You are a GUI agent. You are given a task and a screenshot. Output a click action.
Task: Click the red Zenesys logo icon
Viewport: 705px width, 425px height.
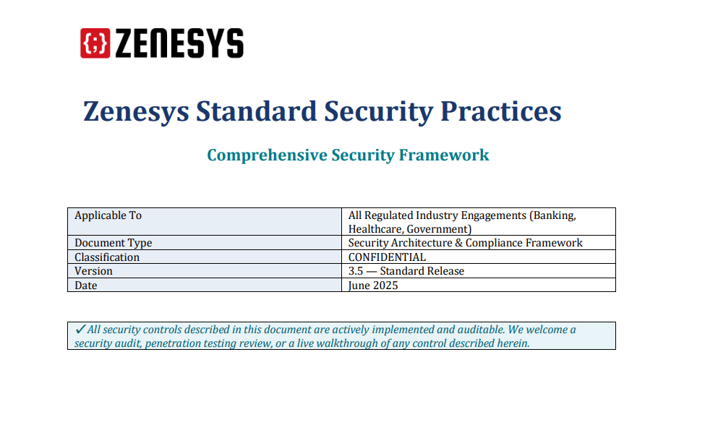click(95, 43)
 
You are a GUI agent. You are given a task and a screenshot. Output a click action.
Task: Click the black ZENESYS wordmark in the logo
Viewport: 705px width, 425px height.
click(179, 43)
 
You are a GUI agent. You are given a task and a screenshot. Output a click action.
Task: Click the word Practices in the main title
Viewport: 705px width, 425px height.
click(501, 111)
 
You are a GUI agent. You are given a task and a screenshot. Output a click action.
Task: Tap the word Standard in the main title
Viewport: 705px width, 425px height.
click(256, 111)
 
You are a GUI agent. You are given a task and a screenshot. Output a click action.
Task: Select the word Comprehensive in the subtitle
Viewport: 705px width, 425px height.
click(267, 155)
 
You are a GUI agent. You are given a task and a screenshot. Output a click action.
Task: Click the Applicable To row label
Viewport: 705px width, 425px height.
click(108, 215)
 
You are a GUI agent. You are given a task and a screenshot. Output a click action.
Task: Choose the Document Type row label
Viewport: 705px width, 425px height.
click(114, 243)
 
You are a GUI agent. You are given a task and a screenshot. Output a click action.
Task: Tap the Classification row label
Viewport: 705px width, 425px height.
click(107, 257)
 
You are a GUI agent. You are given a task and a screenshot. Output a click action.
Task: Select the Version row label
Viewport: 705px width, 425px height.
click(93, 271)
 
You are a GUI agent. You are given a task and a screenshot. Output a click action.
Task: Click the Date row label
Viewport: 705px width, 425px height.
click(86, 286)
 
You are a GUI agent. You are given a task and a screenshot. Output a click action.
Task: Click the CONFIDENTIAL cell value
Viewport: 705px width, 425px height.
click(387, 257)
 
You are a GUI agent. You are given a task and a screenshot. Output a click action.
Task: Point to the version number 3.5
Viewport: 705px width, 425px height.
click(356, 271)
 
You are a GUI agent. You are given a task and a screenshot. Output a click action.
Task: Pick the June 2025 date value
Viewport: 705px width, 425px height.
click(373, 286)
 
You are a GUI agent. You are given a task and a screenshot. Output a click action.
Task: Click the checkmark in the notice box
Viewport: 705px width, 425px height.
click(80, 330)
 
